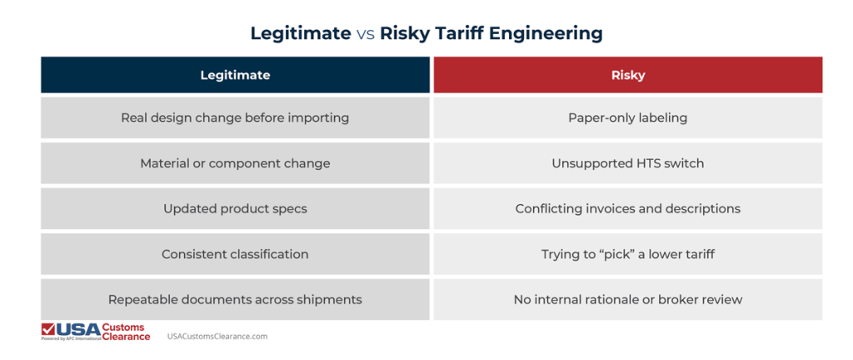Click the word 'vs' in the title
click(x=365, y=33)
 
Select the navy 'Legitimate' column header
click(x=235, y=75)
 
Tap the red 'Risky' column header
click(x=627, y=75)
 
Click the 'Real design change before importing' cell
click(x=235, y=117)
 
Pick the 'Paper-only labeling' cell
click(x=627, y=117)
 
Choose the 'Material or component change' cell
click(x=235, y=163)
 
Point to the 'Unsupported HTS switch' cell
click(x=627, y=163)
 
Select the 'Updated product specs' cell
click(x=235, y=208)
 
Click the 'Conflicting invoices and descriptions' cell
click(x=627, y=208)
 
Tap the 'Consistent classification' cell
click(x=235, y=253)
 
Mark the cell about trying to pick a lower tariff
click(x=627, y=253)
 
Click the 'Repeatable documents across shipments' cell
click(x=235, y=299)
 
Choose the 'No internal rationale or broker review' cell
click(x=627, y=299)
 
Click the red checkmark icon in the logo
click(x=48, y=329)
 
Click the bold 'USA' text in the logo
click(x=78, y=328)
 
